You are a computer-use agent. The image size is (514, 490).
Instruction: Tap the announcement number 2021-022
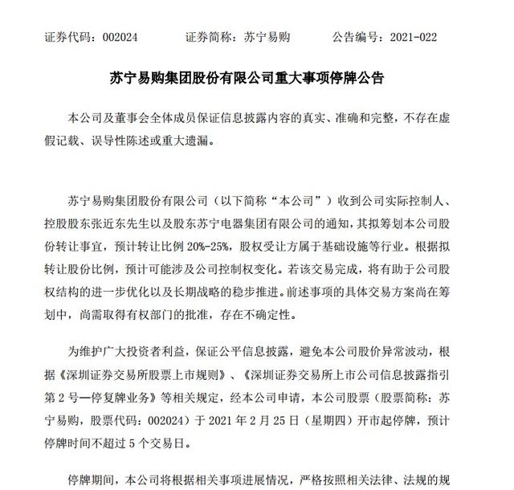[x=422, y=37]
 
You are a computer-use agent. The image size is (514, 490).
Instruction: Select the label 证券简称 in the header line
[x=210, y=37]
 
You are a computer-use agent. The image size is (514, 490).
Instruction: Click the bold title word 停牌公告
[x=359, y=79]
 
